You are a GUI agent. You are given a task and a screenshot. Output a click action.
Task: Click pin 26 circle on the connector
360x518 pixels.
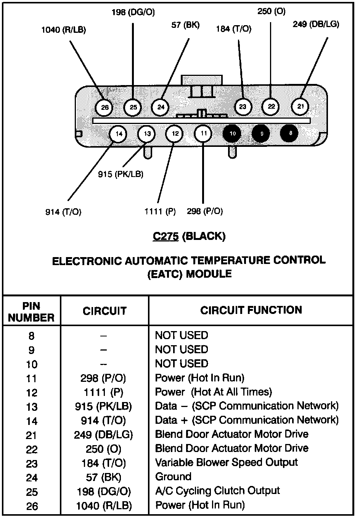(x=104, y=108)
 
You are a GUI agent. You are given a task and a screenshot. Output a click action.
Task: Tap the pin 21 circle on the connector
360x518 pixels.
(x=301, y=106)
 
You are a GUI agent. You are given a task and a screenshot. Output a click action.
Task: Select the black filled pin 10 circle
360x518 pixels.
(x=233, y=134)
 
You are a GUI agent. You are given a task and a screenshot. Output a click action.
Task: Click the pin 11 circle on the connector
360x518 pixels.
(x=204, y=134)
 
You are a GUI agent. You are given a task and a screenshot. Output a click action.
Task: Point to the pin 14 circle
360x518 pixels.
(x=119, y=134)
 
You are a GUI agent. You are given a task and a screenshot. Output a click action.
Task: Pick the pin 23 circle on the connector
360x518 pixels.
(x=243, y=107)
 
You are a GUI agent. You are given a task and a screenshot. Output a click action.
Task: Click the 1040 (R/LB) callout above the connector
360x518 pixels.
(x=64, y=30)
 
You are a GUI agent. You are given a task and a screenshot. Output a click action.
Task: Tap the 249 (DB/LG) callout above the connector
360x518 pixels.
(x=316, y=24)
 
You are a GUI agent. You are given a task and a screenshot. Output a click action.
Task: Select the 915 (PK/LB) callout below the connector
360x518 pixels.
(x=121, y=174)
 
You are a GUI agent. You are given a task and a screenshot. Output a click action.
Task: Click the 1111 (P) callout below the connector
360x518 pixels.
(x=160, y=211)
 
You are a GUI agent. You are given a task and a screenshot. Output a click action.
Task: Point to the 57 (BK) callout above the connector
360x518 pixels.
(x=185, y=26)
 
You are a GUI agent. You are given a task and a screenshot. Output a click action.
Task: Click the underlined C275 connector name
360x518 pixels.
(x=166, y=236)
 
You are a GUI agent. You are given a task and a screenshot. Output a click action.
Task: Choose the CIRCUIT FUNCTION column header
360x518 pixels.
(x=251, y=310)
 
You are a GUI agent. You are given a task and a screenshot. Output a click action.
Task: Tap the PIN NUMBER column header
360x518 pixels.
(x=31, y=312)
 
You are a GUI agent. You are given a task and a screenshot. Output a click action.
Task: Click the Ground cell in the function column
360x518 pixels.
(x=173, y=477)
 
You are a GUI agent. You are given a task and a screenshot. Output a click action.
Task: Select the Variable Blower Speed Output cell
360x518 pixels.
(x=226, y=463)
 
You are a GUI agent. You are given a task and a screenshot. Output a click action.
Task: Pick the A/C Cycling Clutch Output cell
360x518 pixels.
(x=217, y=491)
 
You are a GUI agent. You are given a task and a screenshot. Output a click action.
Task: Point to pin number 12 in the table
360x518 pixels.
(x=32, y=393)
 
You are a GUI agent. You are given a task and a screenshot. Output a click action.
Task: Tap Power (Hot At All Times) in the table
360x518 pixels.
(x=213, y=392)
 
